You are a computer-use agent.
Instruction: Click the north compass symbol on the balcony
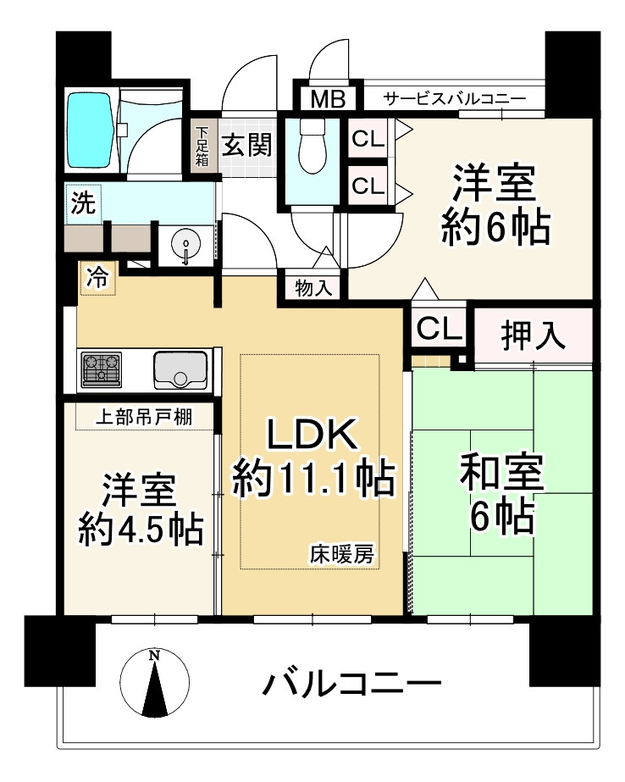(x=154, y=683)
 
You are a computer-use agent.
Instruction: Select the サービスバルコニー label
(x=454, y=98)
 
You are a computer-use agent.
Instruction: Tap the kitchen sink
(x=180, y=369)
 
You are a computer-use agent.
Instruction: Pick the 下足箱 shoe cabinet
(x=203, y=146)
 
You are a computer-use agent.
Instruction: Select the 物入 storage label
(x=313, y=288)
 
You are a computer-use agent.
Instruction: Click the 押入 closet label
(x=533, y=336)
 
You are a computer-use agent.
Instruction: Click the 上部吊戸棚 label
(x=141, y=416)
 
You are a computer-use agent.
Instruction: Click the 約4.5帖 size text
(x=140, y=530)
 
